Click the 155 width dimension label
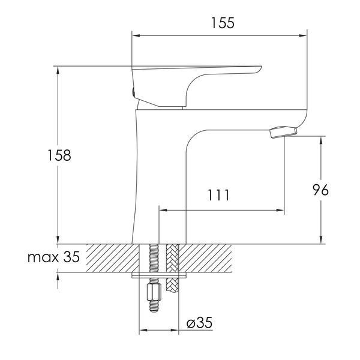(223, 23)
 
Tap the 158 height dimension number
(59, 155)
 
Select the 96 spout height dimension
(321, 190)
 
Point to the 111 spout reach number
(218, 195)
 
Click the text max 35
(53, 257)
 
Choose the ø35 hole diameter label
(200, 323)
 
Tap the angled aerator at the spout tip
(284, 132)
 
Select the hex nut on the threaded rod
(154, 292)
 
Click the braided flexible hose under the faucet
(172, 268)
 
